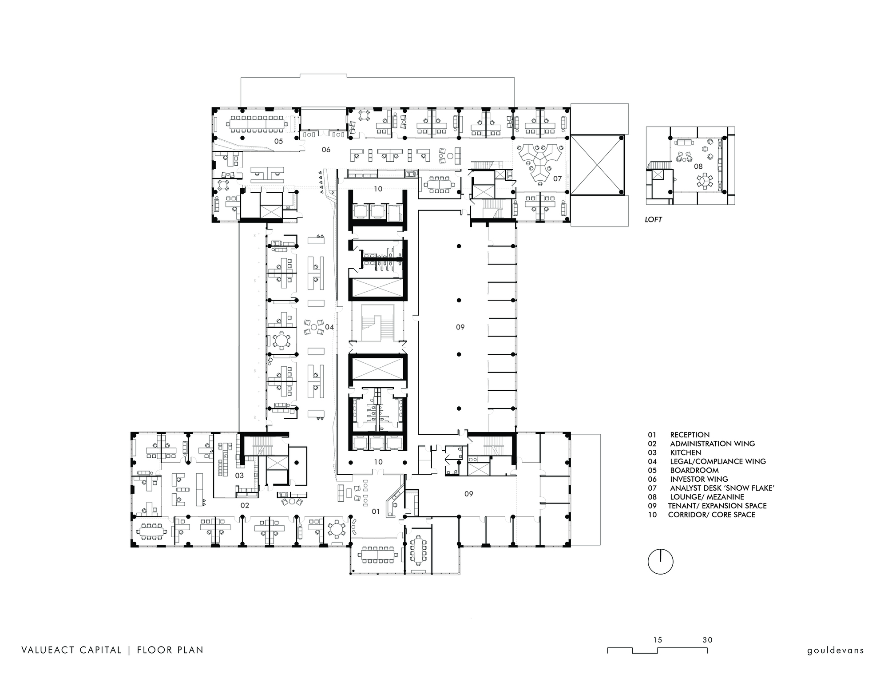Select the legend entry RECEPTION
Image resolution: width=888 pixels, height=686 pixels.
[690, 435]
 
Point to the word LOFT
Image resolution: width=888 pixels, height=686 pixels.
[654, 219]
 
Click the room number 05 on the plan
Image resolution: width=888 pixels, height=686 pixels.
[278, 142]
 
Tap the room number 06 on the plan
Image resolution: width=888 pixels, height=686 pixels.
[326, 150]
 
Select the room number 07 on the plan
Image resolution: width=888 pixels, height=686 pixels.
[557, 178]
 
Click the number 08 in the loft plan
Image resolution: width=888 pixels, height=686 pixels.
[698, 167]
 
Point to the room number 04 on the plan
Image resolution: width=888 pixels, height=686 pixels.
[329, 327]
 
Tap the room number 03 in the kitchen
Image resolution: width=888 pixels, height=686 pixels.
[239, 476]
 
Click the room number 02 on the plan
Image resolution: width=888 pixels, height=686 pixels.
[245, 505]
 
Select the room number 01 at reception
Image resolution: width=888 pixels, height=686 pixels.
[376, 512]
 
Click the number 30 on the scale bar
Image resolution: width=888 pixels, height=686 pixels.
[707, 640]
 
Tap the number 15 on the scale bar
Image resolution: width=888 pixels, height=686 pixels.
[658, 640]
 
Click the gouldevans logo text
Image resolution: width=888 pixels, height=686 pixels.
[836, 650]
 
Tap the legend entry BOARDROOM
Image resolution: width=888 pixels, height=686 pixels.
[694, 470]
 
